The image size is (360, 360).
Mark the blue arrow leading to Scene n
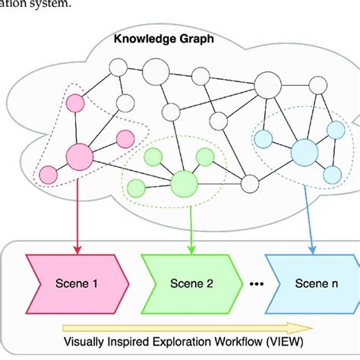(308, 220)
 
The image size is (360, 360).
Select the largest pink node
(79, 157)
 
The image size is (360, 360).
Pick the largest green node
(183, 184)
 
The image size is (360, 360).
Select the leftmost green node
(137, 188)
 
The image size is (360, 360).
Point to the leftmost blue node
(264, 137)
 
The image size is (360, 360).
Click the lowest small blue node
(332, 174)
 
